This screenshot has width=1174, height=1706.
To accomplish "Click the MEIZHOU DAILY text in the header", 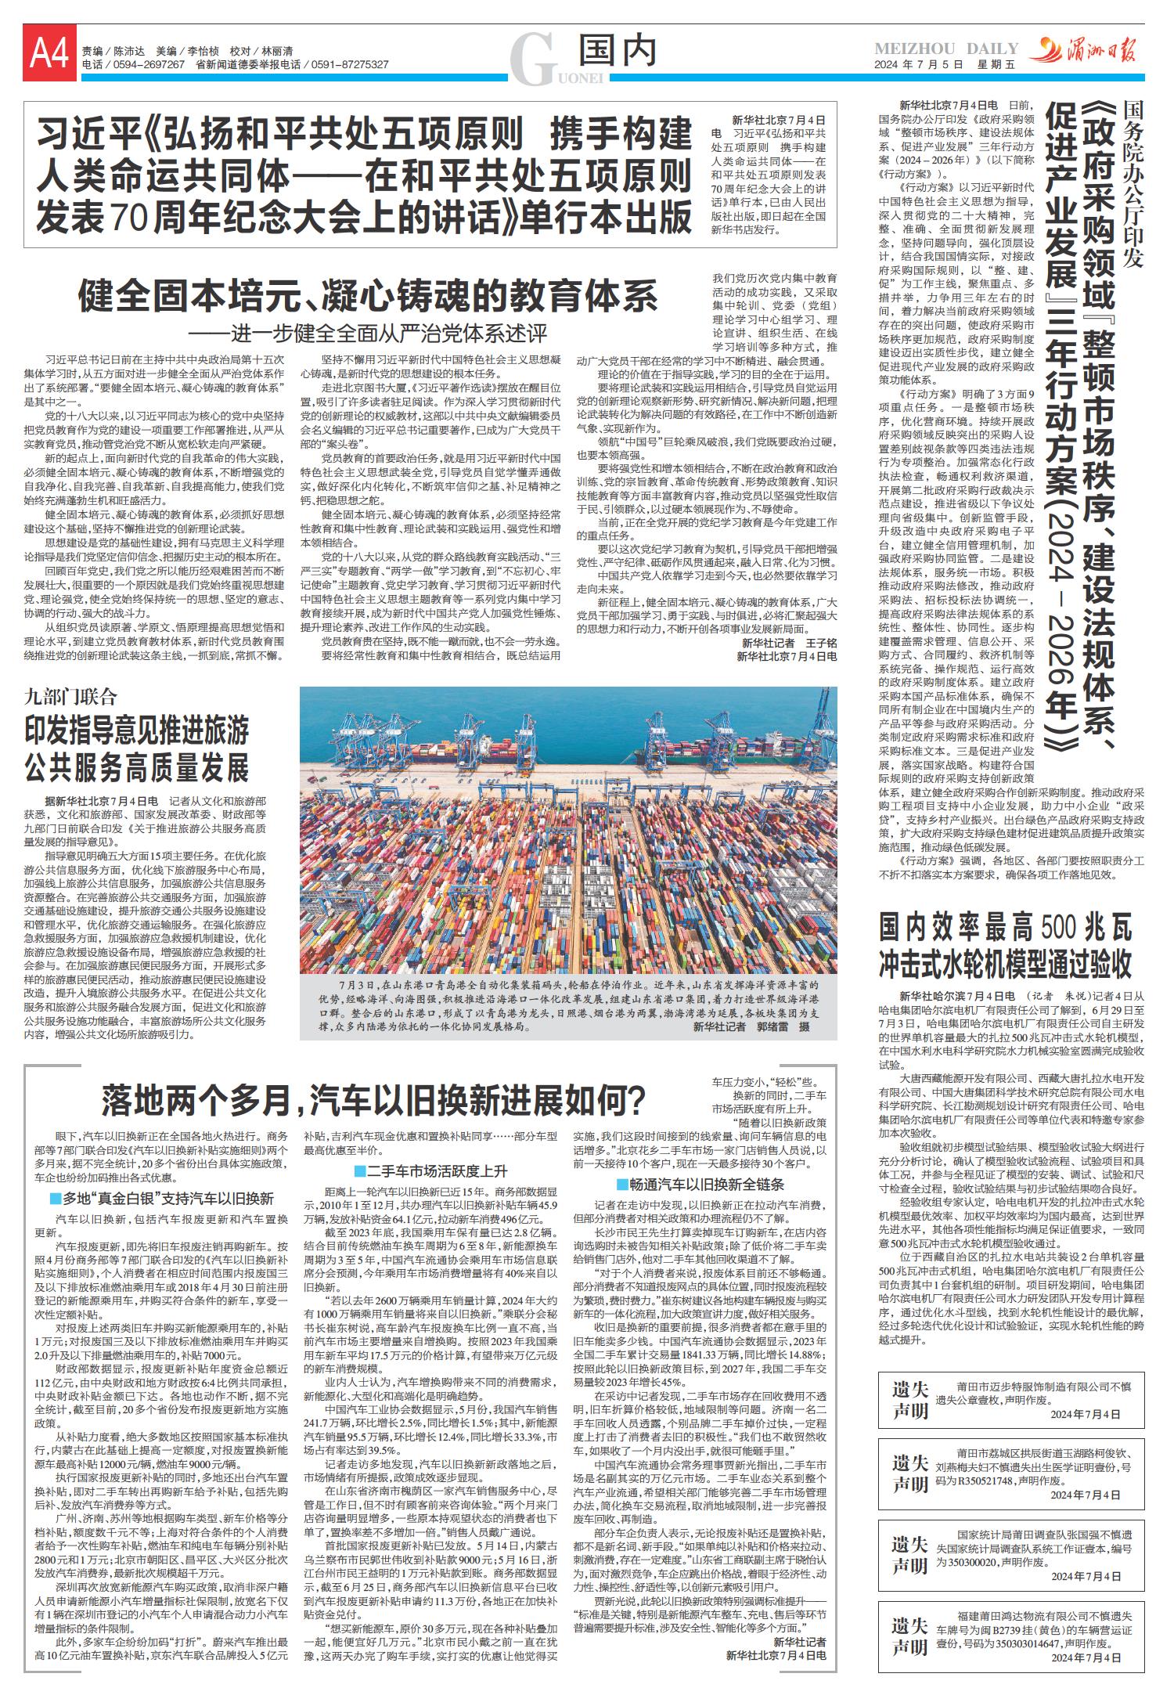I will point(946,49).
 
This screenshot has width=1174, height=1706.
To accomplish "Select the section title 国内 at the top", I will point(617,52).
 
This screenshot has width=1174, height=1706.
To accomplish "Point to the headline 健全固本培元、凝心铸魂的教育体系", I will point(368,298).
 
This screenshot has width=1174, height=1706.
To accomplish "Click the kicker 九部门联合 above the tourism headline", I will point(70,697).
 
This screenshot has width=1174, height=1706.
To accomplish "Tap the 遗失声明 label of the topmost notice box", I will point(909,1400).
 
